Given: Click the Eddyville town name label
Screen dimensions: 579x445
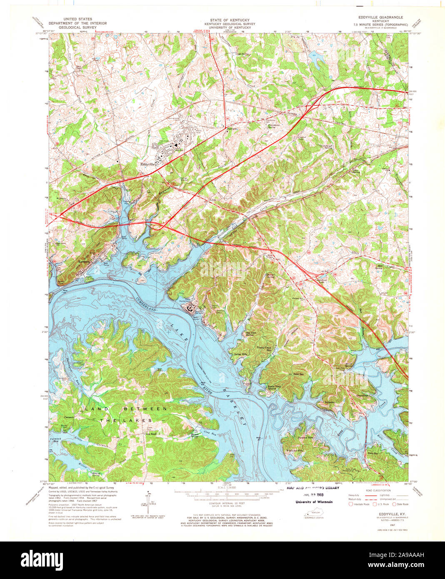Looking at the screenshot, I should point(148,165).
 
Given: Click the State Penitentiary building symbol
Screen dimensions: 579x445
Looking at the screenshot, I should point(191,308).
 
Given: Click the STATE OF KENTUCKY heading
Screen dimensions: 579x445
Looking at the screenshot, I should point(224,20).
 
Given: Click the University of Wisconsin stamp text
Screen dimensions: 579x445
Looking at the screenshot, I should point(314,502).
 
